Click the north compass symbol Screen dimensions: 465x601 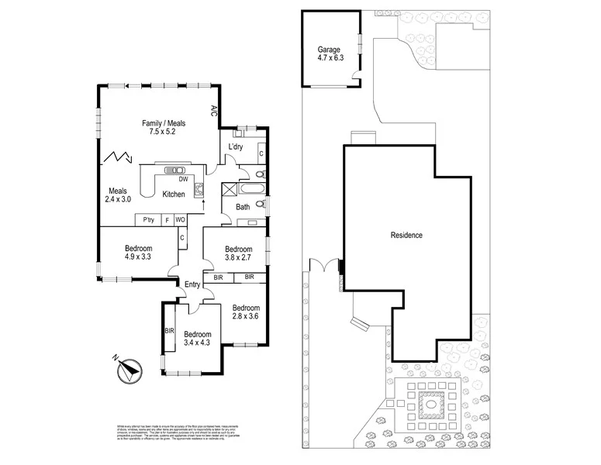tap(127, 370)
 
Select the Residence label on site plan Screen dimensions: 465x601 tap(406, 235)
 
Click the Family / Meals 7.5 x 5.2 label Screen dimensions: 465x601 tap(164, 128)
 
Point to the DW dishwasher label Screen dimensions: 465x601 tap(183, 179)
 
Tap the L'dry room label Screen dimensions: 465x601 tap(237, 146)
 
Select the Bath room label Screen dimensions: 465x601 tap(243, 207)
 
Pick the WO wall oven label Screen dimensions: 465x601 tap(180, 220)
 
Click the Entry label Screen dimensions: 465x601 tap(193, 284)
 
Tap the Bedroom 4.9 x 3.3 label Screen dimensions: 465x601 tap(139, 253)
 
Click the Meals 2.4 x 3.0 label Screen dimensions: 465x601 tap(118, 195)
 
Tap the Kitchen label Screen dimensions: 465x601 tap(174, 195)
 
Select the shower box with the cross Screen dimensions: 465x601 tap(230, 189)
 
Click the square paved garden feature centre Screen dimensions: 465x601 tap(427, 403)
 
